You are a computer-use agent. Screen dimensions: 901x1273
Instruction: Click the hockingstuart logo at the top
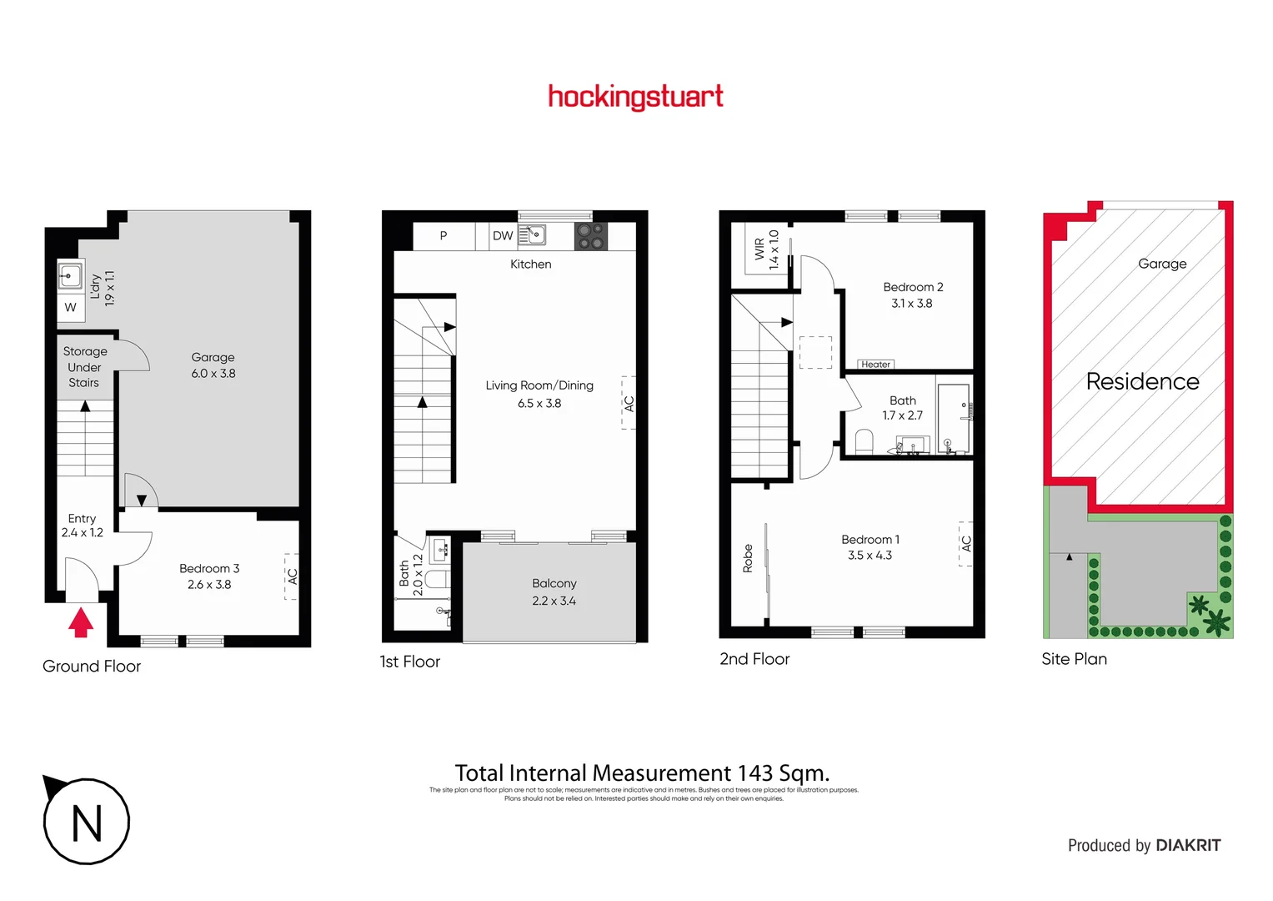click(x=635, y=97)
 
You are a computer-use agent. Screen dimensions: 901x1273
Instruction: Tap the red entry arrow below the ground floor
click(x=81, y=622)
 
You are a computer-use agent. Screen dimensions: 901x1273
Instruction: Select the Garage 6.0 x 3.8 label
click(x=213, y=365)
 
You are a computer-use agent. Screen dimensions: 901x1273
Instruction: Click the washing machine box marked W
click(x=70, y=307)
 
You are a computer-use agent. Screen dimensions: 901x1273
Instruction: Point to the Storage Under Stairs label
click(x=84, y=367)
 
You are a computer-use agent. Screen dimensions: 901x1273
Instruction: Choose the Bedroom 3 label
click(x=209, y=576)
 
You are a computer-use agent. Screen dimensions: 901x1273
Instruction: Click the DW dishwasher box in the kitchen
click(x=503, y=236)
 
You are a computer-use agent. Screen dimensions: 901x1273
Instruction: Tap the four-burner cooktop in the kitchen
click(x=591, y=236)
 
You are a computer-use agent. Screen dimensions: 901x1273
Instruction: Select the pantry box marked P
click(x=444, y=236)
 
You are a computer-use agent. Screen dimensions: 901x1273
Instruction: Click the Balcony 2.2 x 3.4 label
click(x=554, y=591)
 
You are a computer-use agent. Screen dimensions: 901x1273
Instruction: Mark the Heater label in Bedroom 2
click(x=875, y=365)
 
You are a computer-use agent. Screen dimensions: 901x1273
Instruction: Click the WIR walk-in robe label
click(x=759, y=249)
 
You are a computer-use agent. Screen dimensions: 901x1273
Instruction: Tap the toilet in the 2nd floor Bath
click(x=865, y=440)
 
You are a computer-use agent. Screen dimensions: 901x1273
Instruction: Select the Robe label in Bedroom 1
click(x=748, y=558)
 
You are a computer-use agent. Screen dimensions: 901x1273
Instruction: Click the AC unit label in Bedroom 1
click(x=966, y=544)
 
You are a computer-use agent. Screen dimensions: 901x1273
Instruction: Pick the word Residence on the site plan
click(x=1142, y=382)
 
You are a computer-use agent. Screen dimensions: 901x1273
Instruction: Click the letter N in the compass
click(x=87, y=823)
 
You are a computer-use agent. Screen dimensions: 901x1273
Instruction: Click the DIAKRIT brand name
click(x=1188, y=845)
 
